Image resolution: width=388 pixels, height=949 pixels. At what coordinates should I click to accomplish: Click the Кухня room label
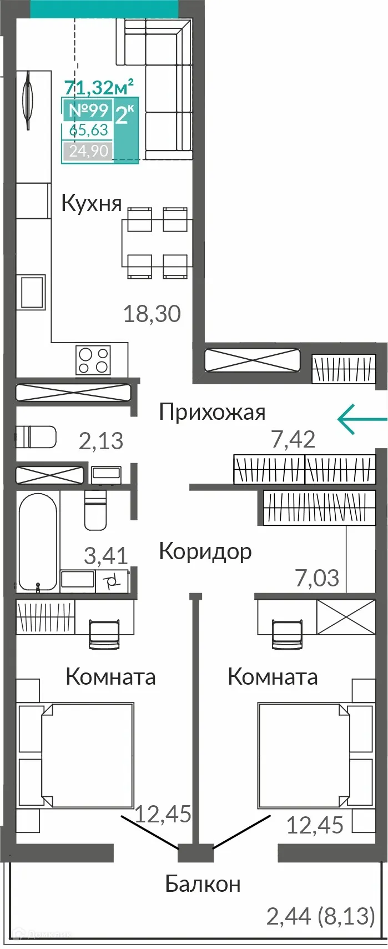click(92, 203)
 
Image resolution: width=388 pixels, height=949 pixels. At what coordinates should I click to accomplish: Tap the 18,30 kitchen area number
click(152, 314)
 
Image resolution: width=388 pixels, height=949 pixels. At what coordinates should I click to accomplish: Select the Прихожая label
click(212, 412)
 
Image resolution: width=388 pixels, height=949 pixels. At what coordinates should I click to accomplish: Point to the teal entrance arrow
click(361, 419)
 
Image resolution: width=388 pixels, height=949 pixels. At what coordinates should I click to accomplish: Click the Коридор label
click(205, 551)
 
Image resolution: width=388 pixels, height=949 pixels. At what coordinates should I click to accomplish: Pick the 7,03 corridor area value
click(317, 578)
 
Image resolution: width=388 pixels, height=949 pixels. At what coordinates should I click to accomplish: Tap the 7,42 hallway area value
click(293, 440)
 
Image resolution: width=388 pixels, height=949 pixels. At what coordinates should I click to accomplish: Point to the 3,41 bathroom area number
click(105, 555)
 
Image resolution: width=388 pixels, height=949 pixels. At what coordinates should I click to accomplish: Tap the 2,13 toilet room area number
click(101, 441)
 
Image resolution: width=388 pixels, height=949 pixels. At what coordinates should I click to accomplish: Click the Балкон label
click(203, 883)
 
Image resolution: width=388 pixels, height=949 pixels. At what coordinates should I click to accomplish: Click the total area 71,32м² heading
click(99, 87)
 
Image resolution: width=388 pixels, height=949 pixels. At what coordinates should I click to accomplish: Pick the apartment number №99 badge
click(88, 110)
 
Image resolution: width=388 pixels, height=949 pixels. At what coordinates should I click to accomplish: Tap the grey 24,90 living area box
click(88, 150)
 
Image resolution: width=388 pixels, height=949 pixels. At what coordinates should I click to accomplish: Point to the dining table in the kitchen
click(157, 243)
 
